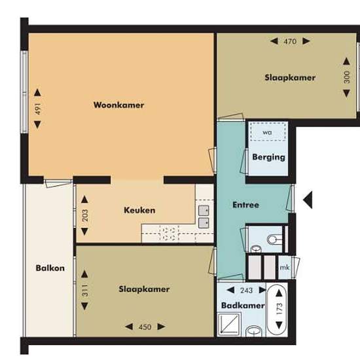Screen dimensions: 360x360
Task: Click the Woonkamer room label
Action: click(x=118, y=105)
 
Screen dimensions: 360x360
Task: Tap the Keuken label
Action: click(x=139, y=210)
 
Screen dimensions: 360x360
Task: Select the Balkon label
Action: click(x=50, y=268)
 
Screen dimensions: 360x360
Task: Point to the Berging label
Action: click(x=268, y=158)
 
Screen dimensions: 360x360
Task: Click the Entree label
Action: click(x=245, y=205)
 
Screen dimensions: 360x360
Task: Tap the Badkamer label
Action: click(x=243, y=306)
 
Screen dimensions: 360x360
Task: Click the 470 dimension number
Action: click(x=290, y=41)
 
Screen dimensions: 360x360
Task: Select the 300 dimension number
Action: click(x=347, y=77)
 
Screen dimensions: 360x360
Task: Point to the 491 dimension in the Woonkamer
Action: click(x=38, y=109)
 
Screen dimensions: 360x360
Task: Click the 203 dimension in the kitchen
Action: click(x=85, y=215)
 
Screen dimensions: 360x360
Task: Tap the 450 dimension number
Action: click(x=145, y=327)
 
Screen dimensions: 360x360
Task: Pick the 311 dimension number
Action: click(x=85, y=290)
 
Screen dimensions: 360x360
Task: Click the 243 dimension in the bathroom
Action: click(x=246, y=291)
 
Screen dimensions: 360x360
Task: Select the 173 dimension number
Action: click(x=279, y=309)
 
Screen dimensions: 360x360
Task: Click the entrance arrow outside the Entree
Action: click(x=308, y=200)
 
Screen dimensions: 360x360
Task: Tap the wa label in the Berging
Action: click(x=267, y=132)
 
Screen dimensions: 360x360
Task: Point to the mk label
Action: click(x=285, y=268)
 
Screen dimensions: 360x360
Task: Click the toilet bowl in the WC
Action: click(x=274, y=240)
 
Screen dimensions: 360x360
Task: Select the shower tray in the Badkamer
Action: click(x=229, y=324)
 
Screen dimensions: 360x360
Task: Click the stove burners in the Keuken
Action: click(x=169, y=234)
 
